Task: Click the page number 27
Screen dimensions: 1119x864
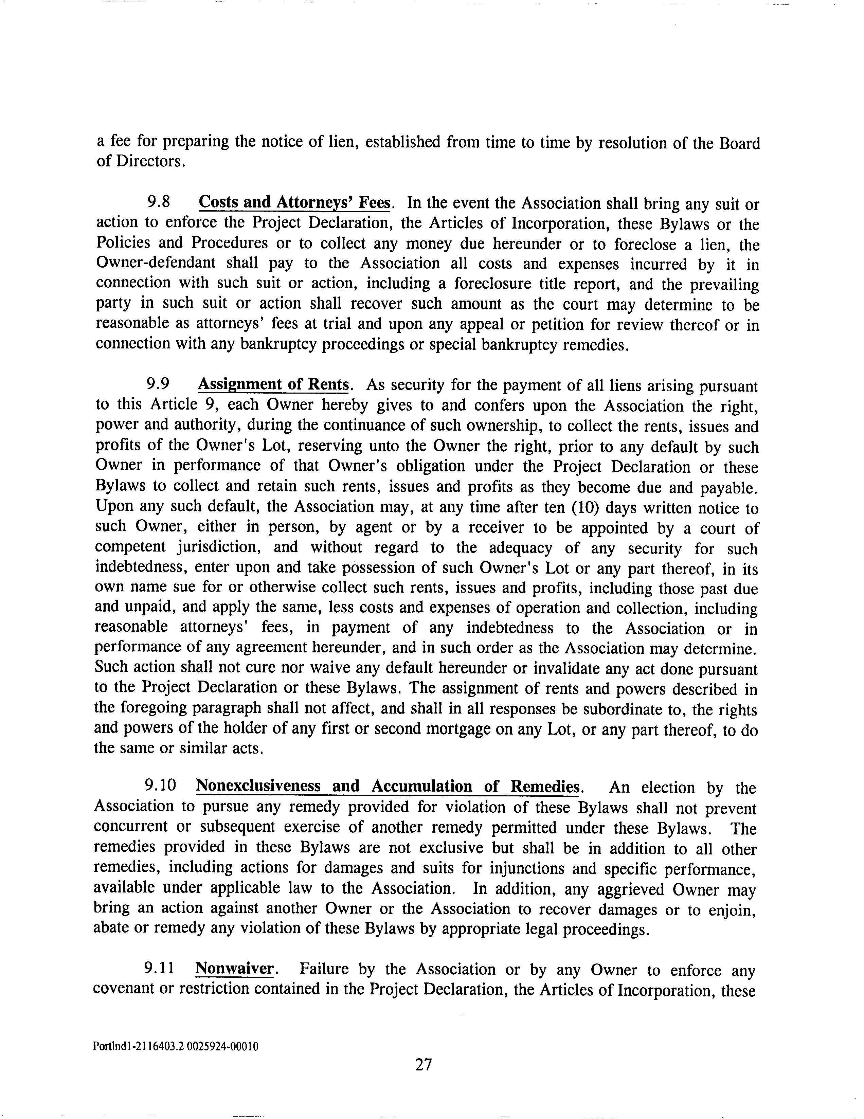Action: (x=423, y=1065)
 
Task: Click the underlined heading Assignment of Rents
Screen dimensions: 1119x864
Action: (x=274, y=384)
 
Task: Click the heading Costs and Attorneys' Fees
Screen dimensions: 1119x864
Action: (x=295, y=202)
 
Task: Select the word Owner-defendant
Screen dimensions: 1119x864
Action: (x=156, y=263)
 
